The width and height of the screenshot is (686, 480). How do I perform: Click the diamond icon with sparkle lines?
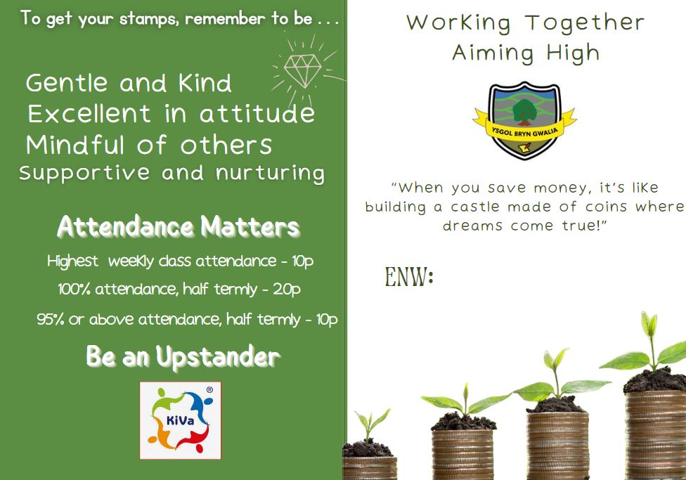303,70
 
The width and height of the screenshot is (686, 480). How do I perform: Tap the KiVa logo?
180,420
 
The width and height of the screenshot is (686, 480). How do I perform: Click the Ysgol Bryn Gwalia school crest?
524,120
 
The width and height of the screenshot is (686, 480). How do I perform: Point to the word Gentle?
67,83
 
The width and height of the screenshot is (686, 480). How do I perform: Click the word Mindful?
75,145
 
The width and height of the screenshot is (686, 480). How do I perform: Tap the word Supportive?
84,174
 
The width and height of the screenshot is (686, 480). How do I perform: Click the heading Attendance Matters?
179,227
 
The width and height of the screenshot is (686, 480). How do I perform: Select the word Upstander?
218,357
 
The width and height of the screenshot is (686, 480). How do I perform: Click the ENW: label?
409,276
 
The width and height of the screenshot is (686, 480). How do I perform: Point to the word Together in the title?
585,22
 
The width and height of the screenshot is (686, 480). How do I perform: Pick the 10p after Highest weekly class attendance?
303,261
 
